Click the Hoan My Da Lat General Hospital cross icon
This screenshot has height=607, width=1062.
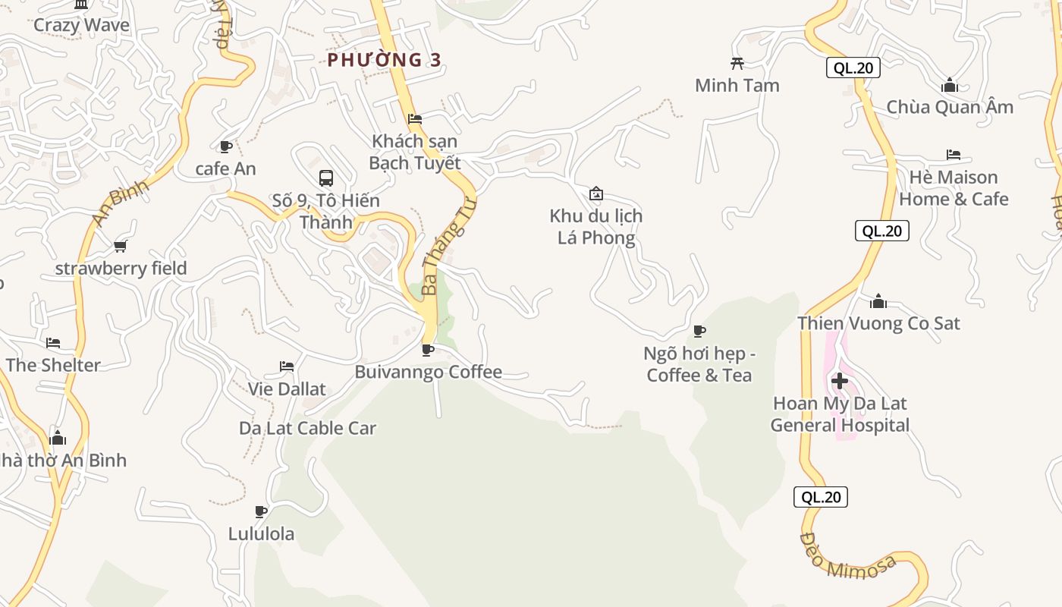840,380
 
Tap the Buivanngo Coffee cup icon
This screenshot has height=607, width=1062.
428,350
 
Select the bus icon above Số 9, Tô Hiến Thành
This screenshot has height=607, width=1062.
326,178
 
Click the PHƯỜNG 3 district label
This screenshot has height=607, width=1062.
384,60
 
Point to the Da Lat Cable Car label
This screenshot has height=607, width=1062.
307,428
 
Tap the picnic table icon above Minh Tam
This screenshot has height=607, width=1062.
737,63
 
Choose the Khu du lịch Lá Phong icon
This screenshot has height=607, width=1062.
596,193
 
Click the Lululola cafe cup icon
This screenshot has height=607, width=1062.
261,511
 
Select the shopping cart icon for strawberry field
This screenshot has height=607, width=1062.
120,246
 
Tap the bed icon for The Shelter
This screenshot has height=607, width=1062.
52,343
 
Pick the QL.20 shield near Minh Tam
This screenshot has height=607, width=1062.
853,68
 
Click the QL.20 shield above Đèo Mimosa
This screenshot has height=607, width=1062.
821,497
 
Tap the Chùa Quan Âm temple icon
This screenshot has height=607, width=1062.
949,85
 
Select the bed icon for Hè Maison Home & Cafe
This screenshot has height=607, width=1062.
954,155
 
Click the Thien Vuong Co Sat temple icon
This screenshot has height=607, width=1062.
878,301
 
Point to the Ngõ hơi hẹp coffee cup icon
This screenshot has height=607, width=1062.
699,331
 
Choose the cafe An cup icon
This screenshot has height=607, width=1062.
225,146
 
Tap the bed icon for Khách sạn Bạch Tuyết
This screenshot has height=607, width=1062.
415,119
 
